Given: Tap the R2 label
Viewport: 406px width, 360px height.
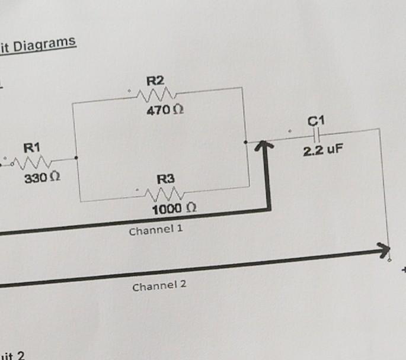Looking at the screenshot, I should (155, 81).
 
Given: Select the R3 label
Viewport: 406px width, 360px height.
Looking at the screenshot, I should (166, 178).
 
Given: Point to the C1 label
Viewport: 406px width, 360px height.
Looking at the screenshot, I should (317, 121).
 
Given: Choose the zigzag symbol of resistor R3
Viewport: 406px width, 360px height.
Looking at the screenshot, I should (166, 192).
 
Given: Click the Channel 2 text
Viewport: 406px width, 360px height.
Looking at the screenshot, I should (159, 285).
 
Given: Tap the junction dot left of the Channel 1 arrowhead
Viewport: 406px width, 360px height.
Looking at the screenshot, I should (245, 143).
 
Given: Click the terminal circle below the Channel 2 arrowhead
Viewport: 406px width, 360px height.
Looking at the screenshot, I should (389, 258).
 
